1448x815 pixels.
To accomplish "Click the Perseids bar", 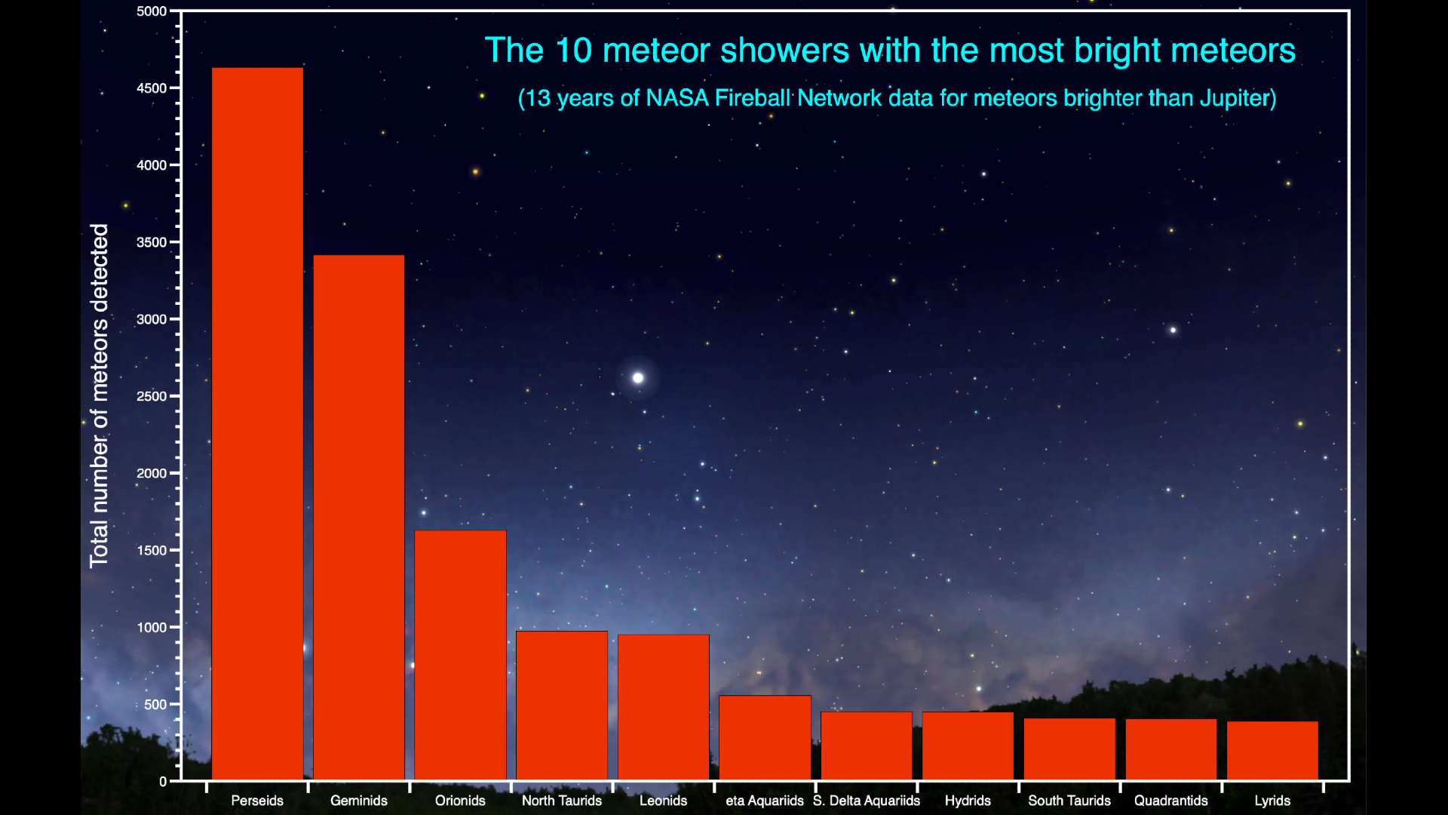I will pos(257,423).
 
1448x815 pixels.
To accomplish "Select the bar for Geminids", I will pos(359,517).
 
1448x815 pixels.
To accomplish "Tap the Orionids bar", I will pos(460,655).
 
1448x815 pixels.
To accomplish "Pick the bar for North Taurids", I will pos(562,705).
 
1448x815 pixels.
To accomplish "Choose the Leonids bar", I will pos(664,707).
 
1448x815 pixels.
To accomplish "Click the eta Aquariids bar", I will pos(765,737).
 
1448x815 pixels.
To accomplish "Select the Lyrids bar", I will pos(1272,750).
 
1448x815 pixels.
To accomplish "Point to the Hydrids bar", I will pos(968,746).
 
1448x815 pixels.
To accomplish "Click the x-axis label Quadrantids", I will pos(1170,801).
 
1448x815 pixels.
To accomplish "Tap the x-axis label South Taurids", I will pos(1069,801).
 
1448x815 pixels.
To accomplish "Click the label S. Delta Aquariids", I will pos(867,801).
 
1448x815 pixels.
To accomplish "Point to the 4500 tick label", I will pos(152,88).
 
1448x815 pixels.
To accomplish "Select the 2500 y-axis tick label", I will pos(152,396).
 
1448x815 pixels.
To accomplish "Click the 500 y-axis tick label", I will pos(155,704).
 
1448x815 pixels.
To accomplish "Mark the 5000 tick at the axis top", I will pos(152,11).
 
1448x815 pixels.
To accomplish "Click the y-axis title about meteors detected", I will pos(100,395).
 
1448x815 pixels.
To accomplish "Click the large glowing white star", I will pos(638,377).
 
